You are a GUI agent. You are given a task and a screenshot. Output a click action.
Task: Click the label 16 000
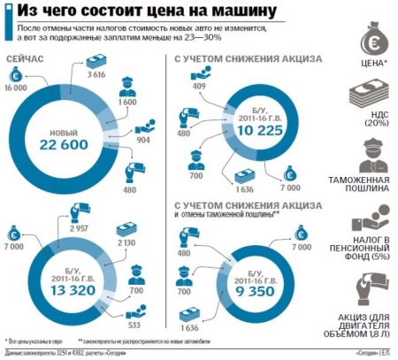pyautogui.click(x=15, y=90)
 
